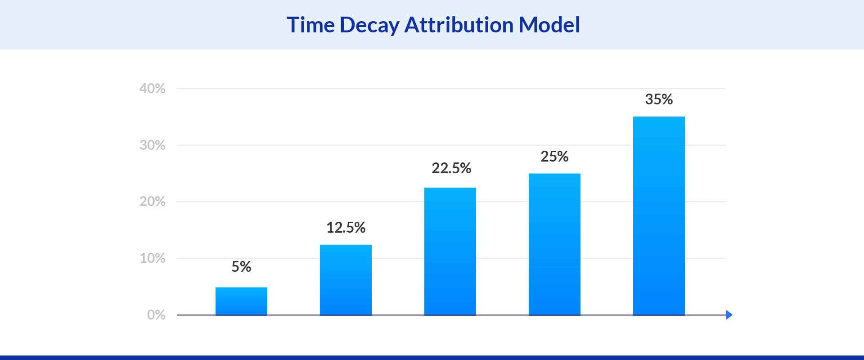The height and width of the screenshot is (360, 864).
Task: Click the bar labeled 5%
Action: pyautogui.click(x=241, y=301)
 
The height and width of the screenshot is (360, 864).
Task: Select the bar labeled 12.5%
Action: pyautogui.click(x=346, y=280)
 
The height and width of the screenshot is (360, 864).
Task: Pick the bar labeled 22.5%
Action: pyautogui.click(x=450, y=251)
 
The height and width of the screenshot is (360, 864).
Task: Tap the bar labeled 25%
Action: pyautogui.click(x=554, y=244)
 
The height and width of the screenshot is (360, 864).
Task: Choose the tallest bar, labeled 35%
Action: pyautogui.click(x=659, y=216)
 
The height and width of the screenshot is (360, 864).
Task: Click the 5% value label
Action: pyautogui.click(x=241, y=267)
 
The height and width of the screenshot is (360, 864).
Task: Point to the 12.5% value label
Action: pyautogui.click(x=346, y=228)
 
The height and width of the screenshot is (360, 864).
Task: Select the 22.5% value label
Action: pyautogui.click(x=451, y=168)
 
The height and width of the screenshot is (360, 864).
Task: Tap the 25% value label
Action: pyautogui.click(x=554, y=157)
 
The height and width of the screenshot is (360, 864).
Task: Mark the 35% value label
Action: pyautogui.click(x=659, y=99)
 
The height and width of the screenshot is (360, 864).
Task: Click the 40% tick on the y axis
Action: pyautogui.click(x=152, y=89)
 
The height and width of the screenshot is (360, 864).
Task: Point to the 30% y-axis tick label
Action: pyautogui.click(x=152, y=145)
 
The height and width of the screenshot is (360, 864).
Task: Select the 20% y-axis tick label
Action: pyautogui.click(x=152, y=202)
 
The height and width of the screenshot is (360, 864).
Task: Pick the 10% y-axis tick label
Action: pyautogui.click(x=152, y=258)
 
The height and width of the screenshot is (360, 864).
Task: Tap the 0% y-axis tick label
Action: pyautogui.click(x=156, y=315)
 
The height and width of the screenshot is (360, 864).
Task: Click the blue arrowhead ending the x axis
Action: pyautogui.click(x=729, y=315)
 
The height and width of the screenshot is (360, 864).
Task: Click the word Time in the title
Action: pyautogui.click(x=310, y=25)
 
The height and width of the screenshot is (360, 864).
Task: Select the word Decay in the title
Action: pyautogui.click(x=369, y=25)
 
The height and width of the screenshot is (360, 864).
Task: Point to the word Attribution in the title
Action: pyautogui.click(x=459, y=25)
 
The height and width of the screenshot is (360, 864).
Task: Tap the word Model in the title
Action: pyautogui.click(x=549, y=25)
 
